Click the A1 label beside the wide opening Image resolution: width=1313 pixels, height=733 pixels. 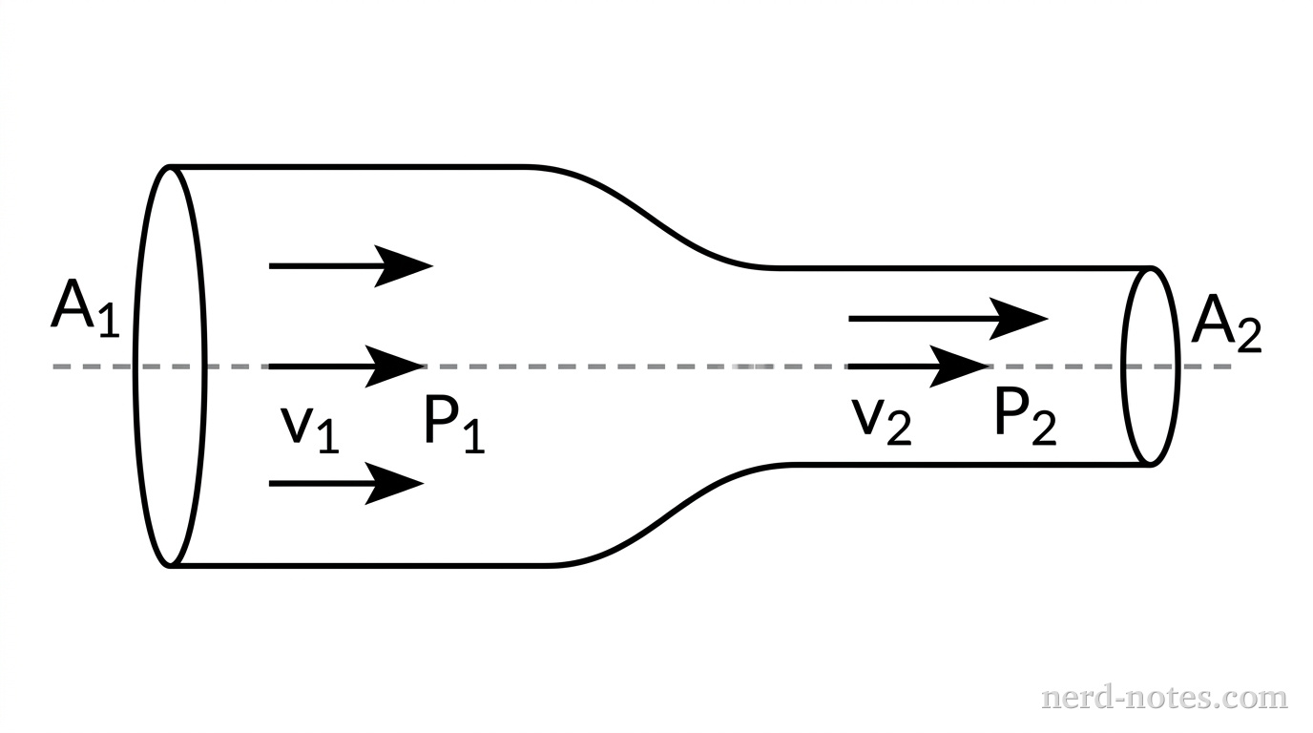click(x=84, y=310)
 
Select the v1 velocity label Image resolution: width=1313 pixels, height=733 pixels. click(x=309, y=426)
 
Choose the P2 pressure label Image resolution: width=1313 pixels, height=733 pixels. click(x=1024, y=418)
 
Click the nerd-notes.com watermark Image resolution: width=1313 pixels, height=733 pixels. click(x=1163, y=698)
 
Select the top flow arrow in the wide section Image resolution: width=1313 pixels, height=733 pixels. click(x=350, y=266)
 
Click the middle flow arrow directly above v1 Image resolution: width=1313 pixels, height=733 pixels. click(x=346, y=366)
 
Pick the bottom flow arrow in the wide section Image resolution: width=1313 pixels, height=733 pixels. click(x=345, y=484)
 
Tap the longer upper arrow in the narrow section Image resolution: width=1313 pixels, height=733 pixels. click(x=948, y=319)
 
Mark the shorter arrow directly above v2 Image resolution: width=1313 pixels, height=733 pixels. click(x=917, y=366)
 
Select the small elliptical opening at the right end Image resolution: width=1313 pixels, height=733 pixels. click(x=1151, y=366)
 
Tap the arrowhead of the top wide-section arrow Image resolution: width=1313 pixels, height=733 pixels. click(x=406, y=266)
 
